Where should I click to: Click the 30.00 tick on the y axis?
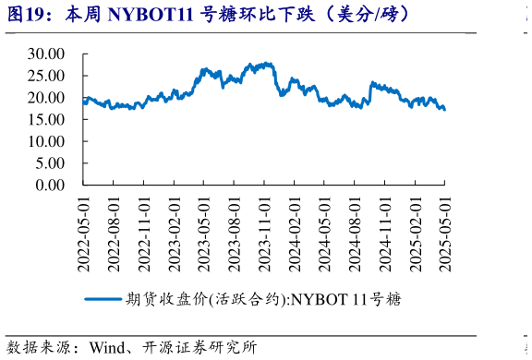[46, 54]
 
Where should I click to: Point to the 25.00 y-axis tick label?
[46, 76]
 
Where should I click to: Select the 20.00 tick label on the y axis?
[46, 98]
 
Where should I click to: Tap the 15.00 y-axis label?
[46, 119]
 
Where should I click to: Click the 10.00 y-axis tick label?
[46, 141]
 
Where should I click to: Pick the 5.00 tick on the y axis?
[50, 163]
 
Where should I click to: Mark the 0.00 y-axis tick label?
[50, 186]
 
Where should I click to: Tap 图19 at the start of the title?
[27, 15]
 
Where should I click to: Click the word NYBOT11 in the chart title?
[147, 15]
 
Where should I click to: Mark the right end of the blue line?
[444, 110]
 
